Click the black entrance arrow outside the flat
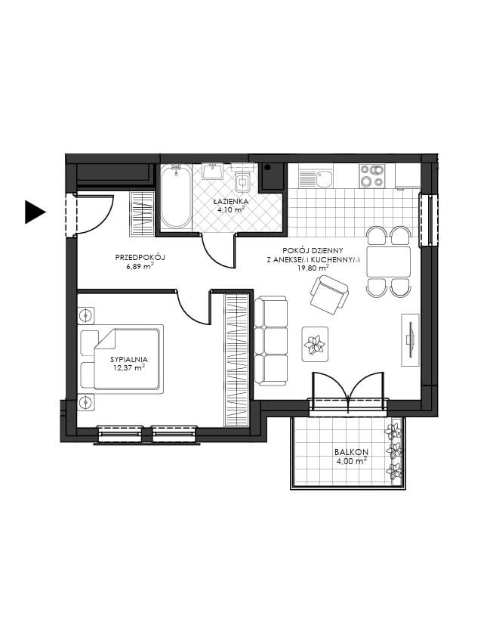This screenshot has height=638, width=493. (x=35, y=212)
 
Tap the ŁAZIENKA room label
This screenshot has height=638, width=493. (x=230, y=201)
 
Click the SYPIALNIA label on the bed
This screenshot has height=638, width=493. (x=129, y=360)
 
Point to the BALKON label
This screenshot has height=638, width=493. (x=352, y=451)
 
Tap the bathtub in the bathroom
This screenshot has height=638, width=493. (x=176, y=197)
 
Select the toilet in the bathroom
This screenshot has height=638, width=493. (x=243, y=181)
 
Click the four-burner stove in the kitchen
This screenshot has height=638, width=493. (x=371, y=176)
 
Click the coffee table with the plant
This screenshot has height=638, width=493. (x=315, y=344)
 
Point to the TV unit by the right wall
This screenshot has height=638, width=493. (x=410, y=339)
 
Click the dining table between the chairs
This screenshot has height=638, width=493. (x=389, y=262)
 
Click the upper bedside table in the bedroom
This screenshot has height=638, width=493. (x=86, y=315)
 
